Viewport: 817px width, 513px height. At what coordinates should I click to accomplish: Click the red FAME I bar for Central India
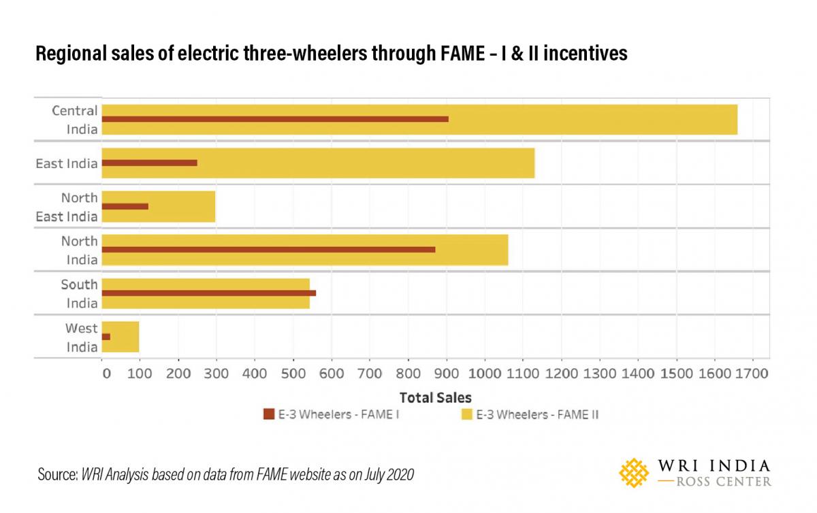(275, 119)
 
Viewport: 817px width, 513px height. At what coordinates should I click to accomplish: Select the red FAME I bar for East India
(149, 163)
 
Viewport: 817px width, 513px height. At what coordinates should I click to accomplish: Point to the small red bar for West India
(106, 337)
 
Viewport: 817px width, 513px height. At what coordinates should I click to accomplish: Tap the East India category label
(67, 163)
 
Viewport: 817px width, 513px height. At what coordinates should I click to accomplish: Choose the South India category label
(79, 293)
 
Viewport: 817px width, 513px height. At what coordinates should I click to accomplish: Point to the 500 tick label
(293, 374)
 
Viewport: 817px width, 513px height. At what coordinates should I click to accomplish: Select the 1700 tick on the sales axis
(752, 374)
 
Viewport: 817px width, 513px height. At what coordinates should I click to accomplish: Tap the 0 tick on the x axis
(106, 374)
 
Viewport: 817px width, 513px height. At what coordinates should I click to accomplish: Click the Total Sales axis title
(435, 397)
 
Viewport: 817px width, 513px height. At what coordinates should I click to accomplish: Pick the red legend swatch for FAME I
(268, 414)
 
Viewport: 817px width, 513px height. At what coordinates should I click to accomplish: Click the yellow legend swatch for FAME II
(466, 414)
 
